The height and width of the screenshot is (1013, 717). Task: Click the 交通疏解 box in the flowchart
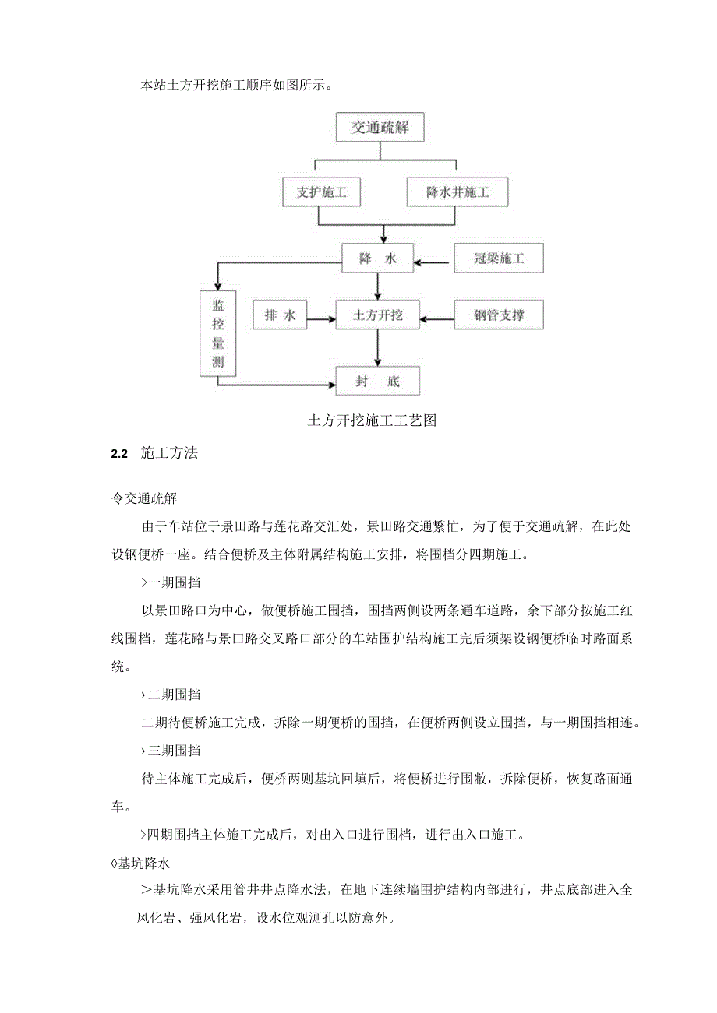[380, 128]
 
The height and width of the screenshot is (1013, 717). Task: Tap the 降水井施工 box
[457, 192]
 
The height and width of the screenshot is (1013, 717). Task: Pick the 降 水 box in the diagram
[378, 259]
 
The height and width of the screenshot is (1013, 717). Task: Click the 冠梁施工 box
[499, 259]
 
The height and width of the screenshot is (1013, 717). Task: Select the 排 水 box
[280, 315]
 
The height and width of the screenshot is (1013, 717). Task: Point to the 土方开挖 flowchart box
[378, 315]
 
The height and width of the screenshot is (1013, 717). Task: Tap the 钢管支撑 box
[499, 315]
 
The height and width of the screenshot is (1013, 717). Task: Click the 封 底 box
[378, 382]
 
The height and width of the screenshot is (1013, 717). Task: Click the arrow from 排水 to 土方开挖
[321, 316]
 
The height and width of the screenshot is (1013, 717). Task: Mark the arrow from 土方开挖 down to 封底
[378, 348]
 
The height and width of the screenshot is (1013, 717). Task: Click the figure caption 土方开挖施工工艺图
[371, 420]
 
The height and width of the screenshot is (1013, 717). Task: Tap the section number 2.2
[119, 454]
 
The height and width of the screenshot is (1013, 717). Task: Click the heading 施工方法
[169, 454]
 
